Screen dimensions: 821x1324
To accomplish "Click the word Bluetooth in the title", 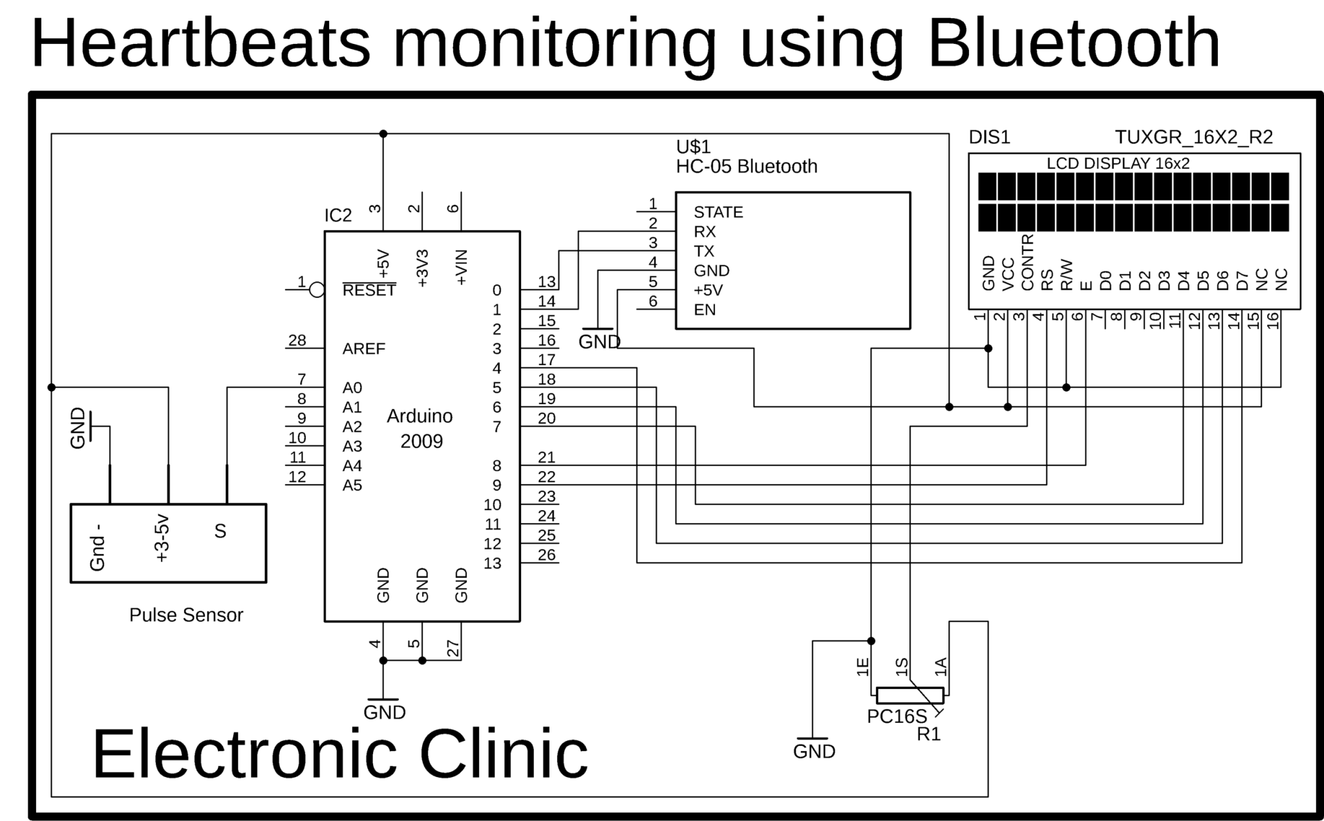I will click(1073, 44).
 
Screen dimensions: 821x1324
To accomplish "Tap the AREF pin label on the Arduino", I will click(363, 349).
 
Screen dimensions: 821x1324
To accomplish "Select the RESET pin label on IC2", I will click(368, 291).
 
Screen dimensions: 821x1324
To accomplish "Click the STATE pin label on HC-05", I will click(718, 212).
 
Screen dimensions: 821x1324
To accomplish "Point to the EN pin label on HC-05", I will click(704, 310).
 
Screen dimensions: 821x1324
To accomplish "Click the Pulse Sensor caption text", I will click(186, 615).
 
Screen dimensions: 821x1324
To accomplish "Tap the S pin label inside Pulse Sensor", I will click(220, 531).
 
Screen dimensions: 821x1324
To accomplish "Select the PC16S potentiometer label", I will click(896, 716).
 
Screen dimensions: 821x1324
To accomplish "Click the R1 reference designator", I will click(928, 734).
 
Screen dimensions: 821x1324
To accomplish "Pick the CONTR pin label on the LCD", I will click(1027, 262).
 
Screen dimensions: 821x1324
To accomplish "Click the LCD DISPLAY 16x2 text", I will click(1118, 164).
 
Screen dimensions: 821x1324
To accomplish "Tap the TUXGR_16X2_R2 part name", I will click(1193, 137).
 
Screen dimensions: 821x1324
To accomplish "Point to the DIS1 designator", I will click(988, 137).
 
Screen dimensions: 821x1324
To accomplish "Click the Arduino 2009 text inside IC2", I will click(420, 429).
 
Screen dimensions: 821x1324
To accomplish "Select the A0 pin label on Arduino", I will click(352, 388).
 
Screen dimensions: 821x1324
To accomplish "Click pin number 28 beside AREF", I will click(297, 340).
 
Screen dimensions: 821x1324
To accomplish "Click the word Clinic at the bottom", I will click(504, 754).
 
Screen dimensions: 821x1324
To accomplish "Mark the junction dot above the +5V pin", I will click(383, 134).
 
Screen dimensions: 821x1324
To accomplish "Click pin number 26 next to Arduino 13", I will click(546, 555).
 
